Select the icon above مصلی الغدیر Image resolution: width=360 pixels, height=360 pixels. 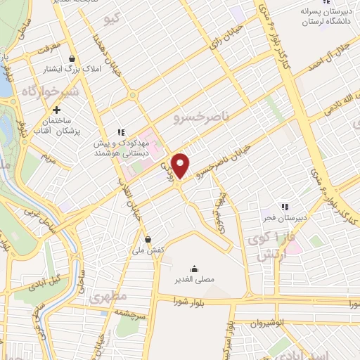193,268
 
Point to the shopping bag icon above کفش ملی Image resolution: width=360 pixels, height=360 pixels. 147,240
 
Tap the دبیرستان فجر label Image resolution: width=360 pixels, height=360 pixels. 285,218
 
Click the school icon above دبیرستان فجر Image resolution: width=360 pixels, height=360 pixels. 285,207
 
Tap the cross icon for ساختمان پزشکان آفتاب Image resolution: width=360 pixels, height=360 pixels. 57,110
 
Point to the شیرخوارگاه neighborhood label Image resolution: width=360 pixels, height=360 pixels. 48,92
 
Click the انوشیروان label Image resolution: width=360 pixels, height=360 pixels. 268,324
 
